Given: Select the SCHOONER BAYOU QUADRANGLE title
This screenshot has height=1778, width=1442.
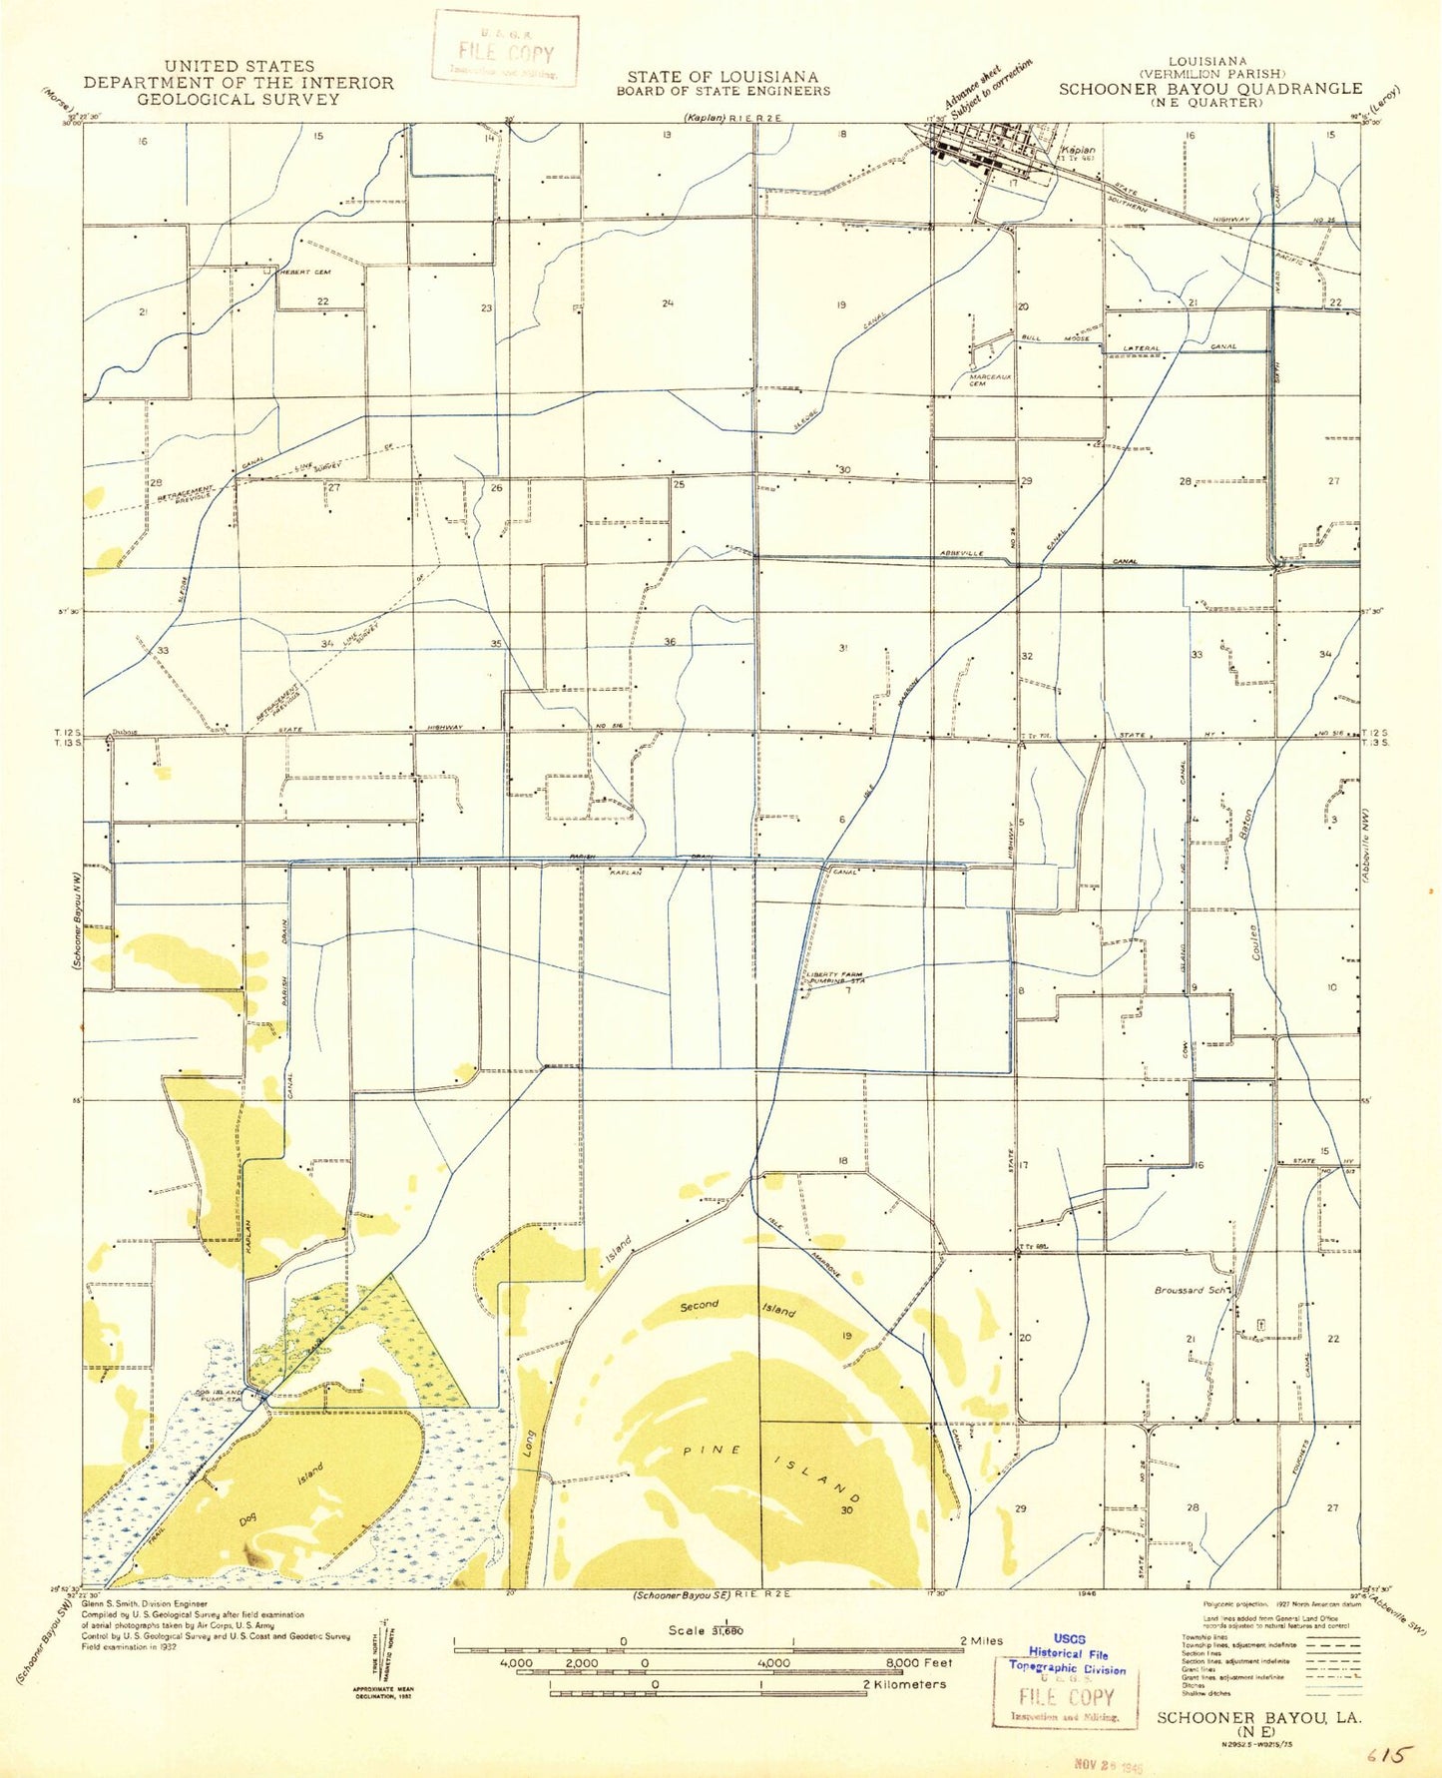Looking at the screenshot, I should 1209,89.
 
